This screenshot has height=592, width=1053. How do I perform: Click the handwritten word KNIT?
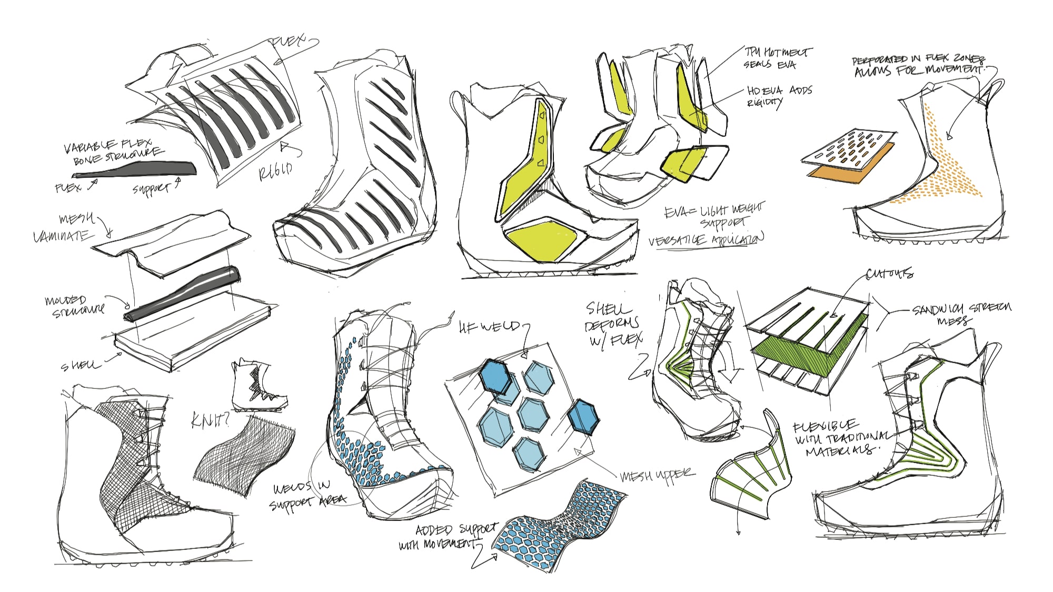coord(210,420)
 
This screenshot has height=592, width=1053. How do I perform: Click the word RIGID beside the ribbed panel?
coord(275,171)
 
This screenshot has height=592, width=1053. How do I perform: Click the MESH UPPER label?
coord(657,475)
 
